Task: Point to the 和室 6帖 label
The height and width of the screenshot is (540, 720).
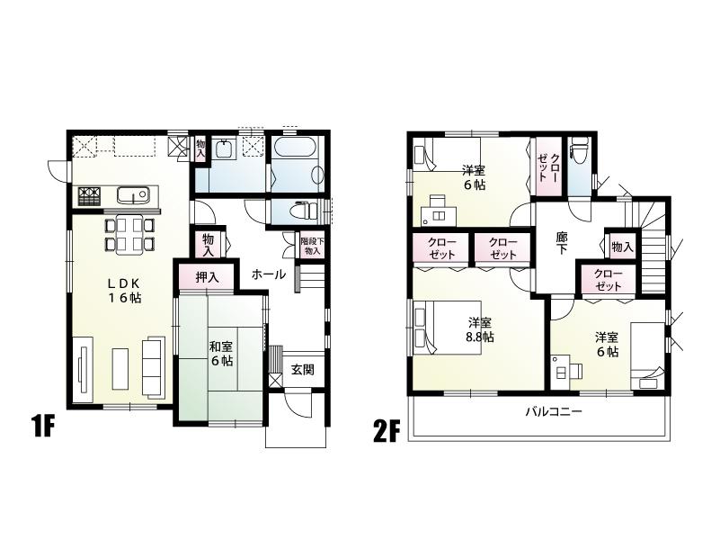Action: click(x=221, y=353)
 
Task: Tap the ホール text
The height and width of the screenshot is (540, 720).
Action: click(x=269, y=274)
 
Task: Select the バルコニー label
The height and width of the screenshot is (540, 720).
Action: click(x=554, y=412)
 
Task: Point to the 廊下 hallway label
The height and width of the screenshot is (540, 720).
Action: click(x=562, y=246)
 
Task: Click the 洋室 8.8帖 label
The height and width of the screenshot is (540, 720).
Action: click(x=479, y=330)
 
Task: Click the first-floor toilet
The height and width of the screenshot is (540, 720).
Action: click(x=296, y=211)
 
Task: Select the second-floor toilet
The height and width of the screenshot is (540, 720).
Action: click(x=580, y=155)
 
